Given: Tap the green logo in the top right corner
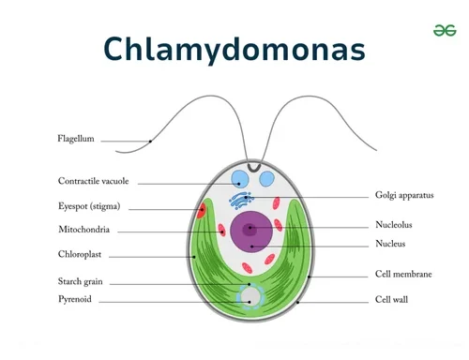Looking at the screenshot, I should coord(444,31).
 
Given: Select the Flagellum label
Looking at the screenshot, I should coord(76,140).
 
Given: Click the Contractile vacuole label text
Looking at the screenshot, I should coord(93,182).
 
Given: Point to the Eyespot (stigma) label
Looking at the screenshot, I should coord(89,207).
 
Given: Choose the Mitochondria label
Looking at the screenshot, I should coord(83,230).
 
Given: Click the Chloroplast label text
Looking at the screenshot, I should coord(81,253).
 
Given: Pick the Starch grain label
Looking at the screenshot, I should coord(80,281).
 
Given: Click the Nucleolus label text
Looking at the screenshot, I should coord(393,225).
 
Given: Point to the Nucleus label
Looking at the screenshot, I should coord(390,245).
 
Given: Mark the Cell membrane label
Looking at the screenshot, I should coord(403,275).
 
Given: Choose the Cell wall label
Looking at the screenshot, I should coord(391,300).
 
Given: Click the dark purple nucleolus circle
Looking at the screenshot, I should coord(250,228).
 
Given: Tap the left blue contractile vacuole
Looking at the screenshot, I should coord(240,179).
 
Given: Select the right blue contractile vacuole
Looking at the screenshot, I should coord(268,179).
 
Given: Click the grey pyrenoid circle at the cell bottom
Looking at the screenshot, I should coord(250,297).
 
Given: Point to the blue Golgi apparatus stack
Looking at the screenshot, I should coord(242,200).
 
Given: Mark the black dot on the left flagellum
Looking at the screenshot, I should coord(150,142).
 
